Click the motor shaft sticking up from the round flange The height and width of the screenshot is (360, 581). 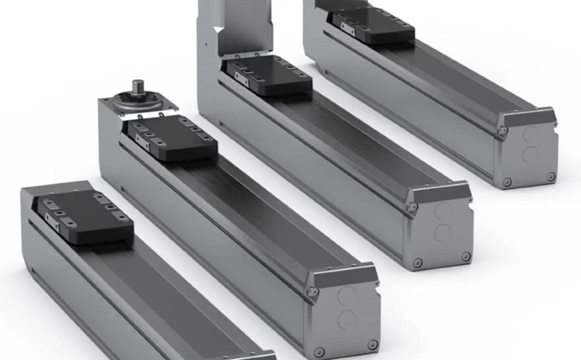click(137, 88)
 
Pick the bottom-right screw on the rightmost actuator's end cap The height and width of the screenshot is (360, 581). click(550, 176)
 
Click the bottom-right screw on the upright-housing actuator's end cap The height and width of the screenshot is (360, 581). click(466, 256)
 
